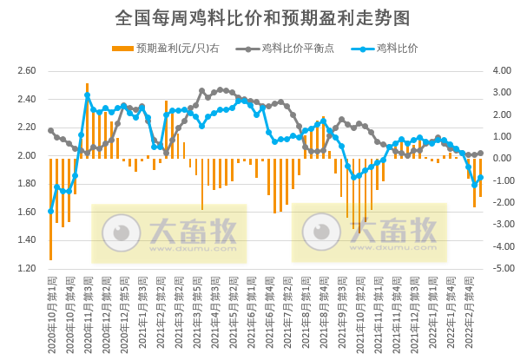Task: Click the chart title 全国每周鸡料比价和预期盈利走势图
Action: [262, 17]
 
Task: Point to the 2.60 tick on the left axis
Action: [26, 71]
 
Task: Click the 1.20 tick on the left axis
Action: [26, 268]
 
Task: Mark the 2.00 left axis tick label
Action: [26, 155]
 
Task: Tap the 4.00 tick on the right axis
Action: [505, 71]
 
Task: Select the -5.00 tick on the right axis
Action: [504, 268]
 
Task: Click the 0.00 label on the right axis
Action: [505, 159]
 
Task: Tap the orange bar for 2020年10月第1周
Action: [50, 209]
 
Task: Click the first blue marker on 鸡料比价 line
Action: [50, 211]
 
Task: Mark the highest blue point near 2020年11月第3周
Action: [88, 95]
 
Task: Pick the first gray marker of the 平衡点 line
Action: [50, 130]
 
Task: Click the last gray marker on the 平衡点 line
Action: [481, 153]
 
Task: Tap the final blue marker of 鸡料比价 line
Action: [480, 178]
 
